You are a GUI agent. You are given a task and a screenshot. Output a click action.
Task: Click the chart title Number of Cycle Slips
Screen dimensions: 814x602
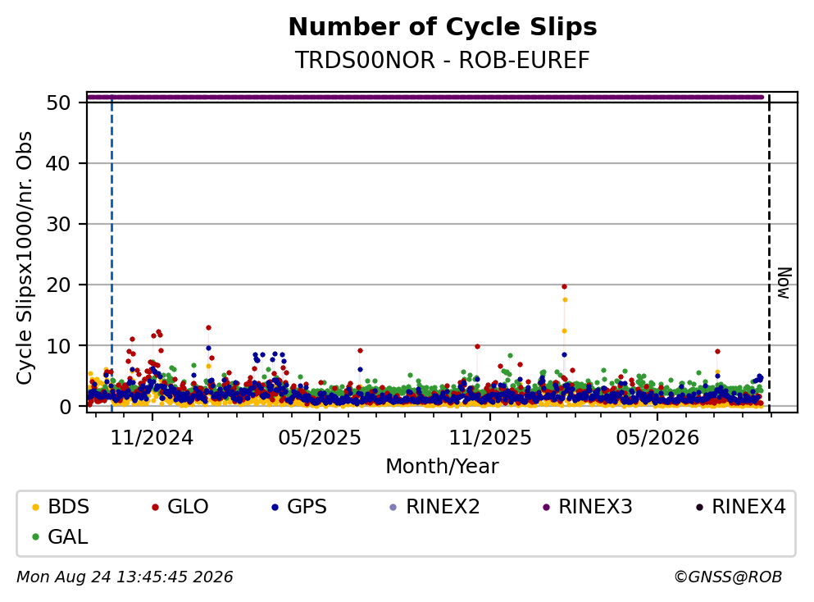[443, 27]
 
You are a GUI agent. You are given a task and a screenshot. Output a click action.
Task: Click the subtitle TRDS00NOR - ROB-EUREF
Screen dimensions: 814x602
[443, 60]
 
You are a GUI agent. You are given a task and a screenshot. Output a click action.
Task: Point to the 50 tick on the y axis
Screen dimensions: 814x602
[58, 103]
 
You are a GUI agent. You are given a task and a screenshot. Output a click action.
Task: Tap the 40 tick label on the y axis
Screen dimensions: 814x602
[58, 163]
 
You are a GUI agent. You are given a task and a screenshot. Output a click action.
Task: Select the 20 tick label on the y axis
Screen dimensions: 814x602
[58, 285]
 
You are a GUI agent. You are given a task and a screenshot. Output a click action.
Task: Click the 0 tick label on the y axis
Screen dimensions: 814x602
[65, 407]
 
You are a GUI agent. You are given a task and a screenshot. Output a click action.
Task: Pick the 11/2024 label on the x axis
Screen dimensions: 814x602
[152, 438]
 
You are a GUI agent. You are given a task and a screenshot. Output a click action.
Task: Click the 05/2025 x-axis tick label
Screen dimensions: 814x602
[319, 438]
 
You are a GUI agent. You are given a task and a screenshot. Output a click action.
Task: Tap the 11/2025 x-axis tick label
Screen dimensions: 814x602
[490, 438]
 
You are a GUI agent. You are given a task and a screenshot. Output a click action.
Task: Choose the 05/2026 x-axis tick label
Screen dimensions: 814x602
[657, 438]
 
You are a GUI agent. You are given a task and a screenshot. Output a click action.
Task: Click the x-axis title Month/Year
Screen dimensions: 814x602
[443, 467]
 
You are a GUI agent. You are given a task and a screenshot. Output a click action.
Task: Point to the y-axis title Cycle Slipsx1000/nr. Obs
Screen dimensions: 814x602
[24, 258]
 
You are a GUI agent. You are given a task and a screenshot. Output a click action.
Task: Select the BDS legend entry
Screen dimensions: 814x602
[61, 506]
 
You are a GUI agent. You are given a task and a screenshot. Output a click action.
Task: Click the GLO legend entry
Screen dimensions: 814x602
[180, 506]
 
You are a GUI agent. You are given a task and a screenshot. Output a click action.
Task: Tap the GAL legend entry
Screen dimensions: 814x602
[60, 536]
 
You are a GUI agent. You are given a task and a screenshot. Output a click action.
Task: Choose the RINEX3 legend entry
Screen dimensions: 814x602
[588, 506]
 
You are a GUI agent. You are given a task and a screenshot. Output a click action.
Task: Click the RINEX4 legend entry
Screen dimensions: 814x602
[741, 506]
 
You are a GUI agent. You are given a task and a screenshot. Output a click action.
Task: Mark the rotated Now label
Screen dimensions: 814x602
[784, 283]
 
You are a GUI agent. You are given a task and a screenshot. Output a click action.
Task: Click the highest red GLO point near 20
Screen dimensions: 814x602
[564, 287]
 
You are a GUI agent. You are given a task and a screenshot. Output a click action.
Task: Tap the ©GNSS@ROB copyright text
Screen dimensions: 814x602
[728, 577]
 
